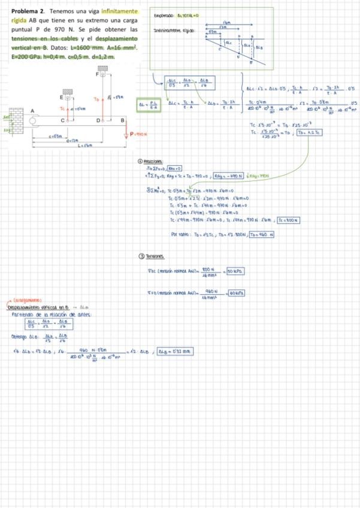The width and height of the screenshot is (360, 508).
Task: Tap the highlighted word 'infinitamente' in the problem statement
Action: click(x=119, y=12)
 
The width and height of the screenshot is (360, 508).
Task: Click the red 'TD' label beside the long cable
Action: click(x=97, y=97)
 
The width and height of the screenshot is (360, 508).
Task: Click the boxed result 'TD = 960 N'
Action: click(x=261, y=234)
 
